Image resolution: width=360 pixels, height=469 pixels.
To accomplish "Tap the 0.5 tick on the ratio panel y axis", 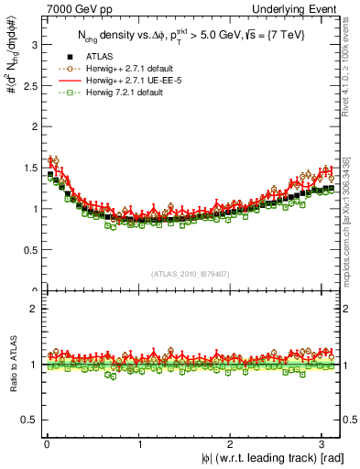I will pos(27,420).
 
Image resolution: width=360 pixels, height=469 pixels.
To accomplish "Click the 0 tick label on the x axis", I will pos(46,444).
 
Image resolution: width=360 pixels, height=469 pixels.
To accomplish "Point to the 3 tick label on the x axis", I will pos(326,444).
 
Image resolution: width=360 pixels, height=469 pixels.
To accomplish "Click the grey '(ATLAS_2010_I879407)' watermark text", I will pos(191,276).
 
